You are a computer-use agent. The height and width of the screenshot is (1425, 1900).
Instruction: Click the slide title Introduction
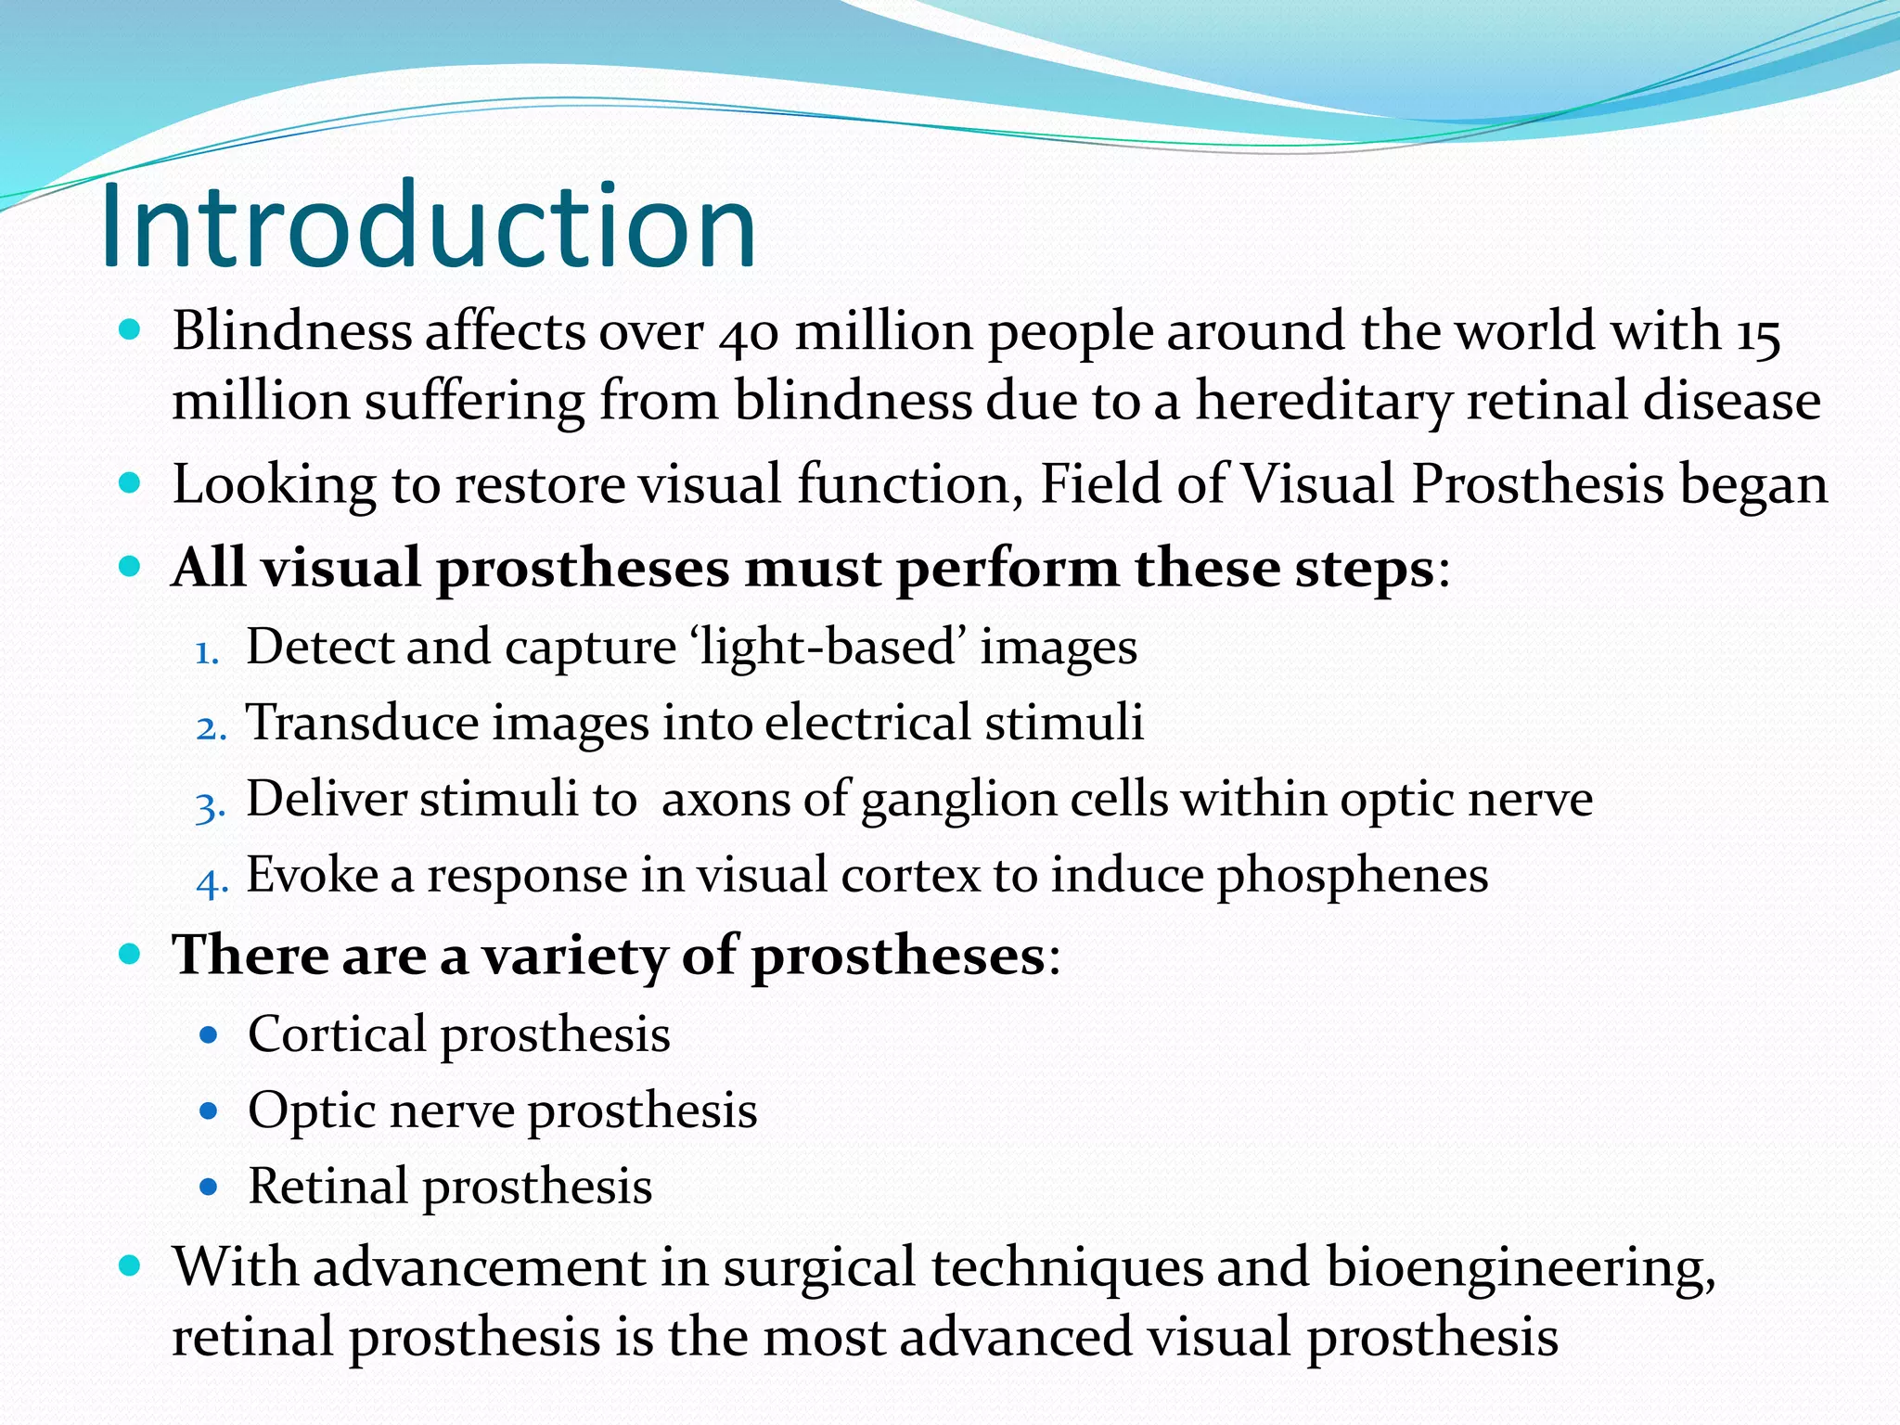(x=429, y=226)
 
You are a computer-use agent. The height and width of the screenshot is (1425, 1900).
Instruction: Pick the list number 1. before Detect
(x=206, y=653)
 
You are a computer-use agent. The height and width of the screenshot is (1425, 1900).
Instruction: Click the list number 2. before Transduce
(x=211, y=729)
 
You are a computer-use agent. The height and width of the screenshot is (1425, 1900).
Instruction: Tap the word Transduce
(x=361, y=723)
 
